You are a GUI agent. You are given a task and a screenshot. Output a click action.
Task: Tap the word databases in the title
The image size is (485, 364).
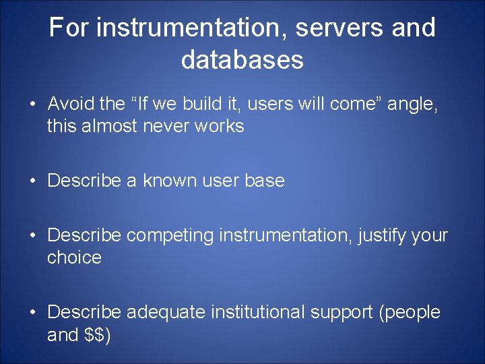[243, 60]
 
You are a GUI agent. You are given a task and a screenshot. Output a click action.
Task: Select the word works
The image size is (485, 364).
[219, 126]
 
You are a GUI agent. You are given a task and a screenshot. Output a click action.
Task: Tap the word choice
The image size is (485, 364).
[74, 257]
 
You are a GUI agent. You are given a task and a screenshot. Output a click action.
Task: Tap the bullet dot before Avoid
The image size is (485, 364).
[32, 104]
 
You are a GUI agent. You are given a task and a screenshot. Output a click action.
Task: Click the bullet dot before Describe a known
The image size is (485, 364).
[32, 181]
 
